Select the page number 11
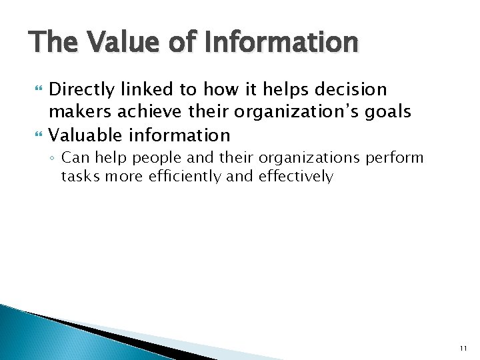pos(463,347)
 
